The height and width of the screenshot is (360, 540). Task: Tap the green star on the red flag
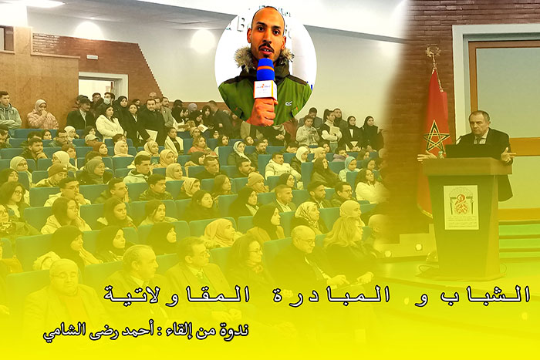[437, 138]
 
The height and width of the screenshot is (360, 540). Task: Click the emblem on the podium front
[461, 207]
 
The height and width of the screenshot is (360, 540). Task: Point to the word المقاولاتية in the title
[177, 295]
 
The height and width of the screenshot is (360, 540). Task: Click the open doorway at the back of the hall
[100, 87]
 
